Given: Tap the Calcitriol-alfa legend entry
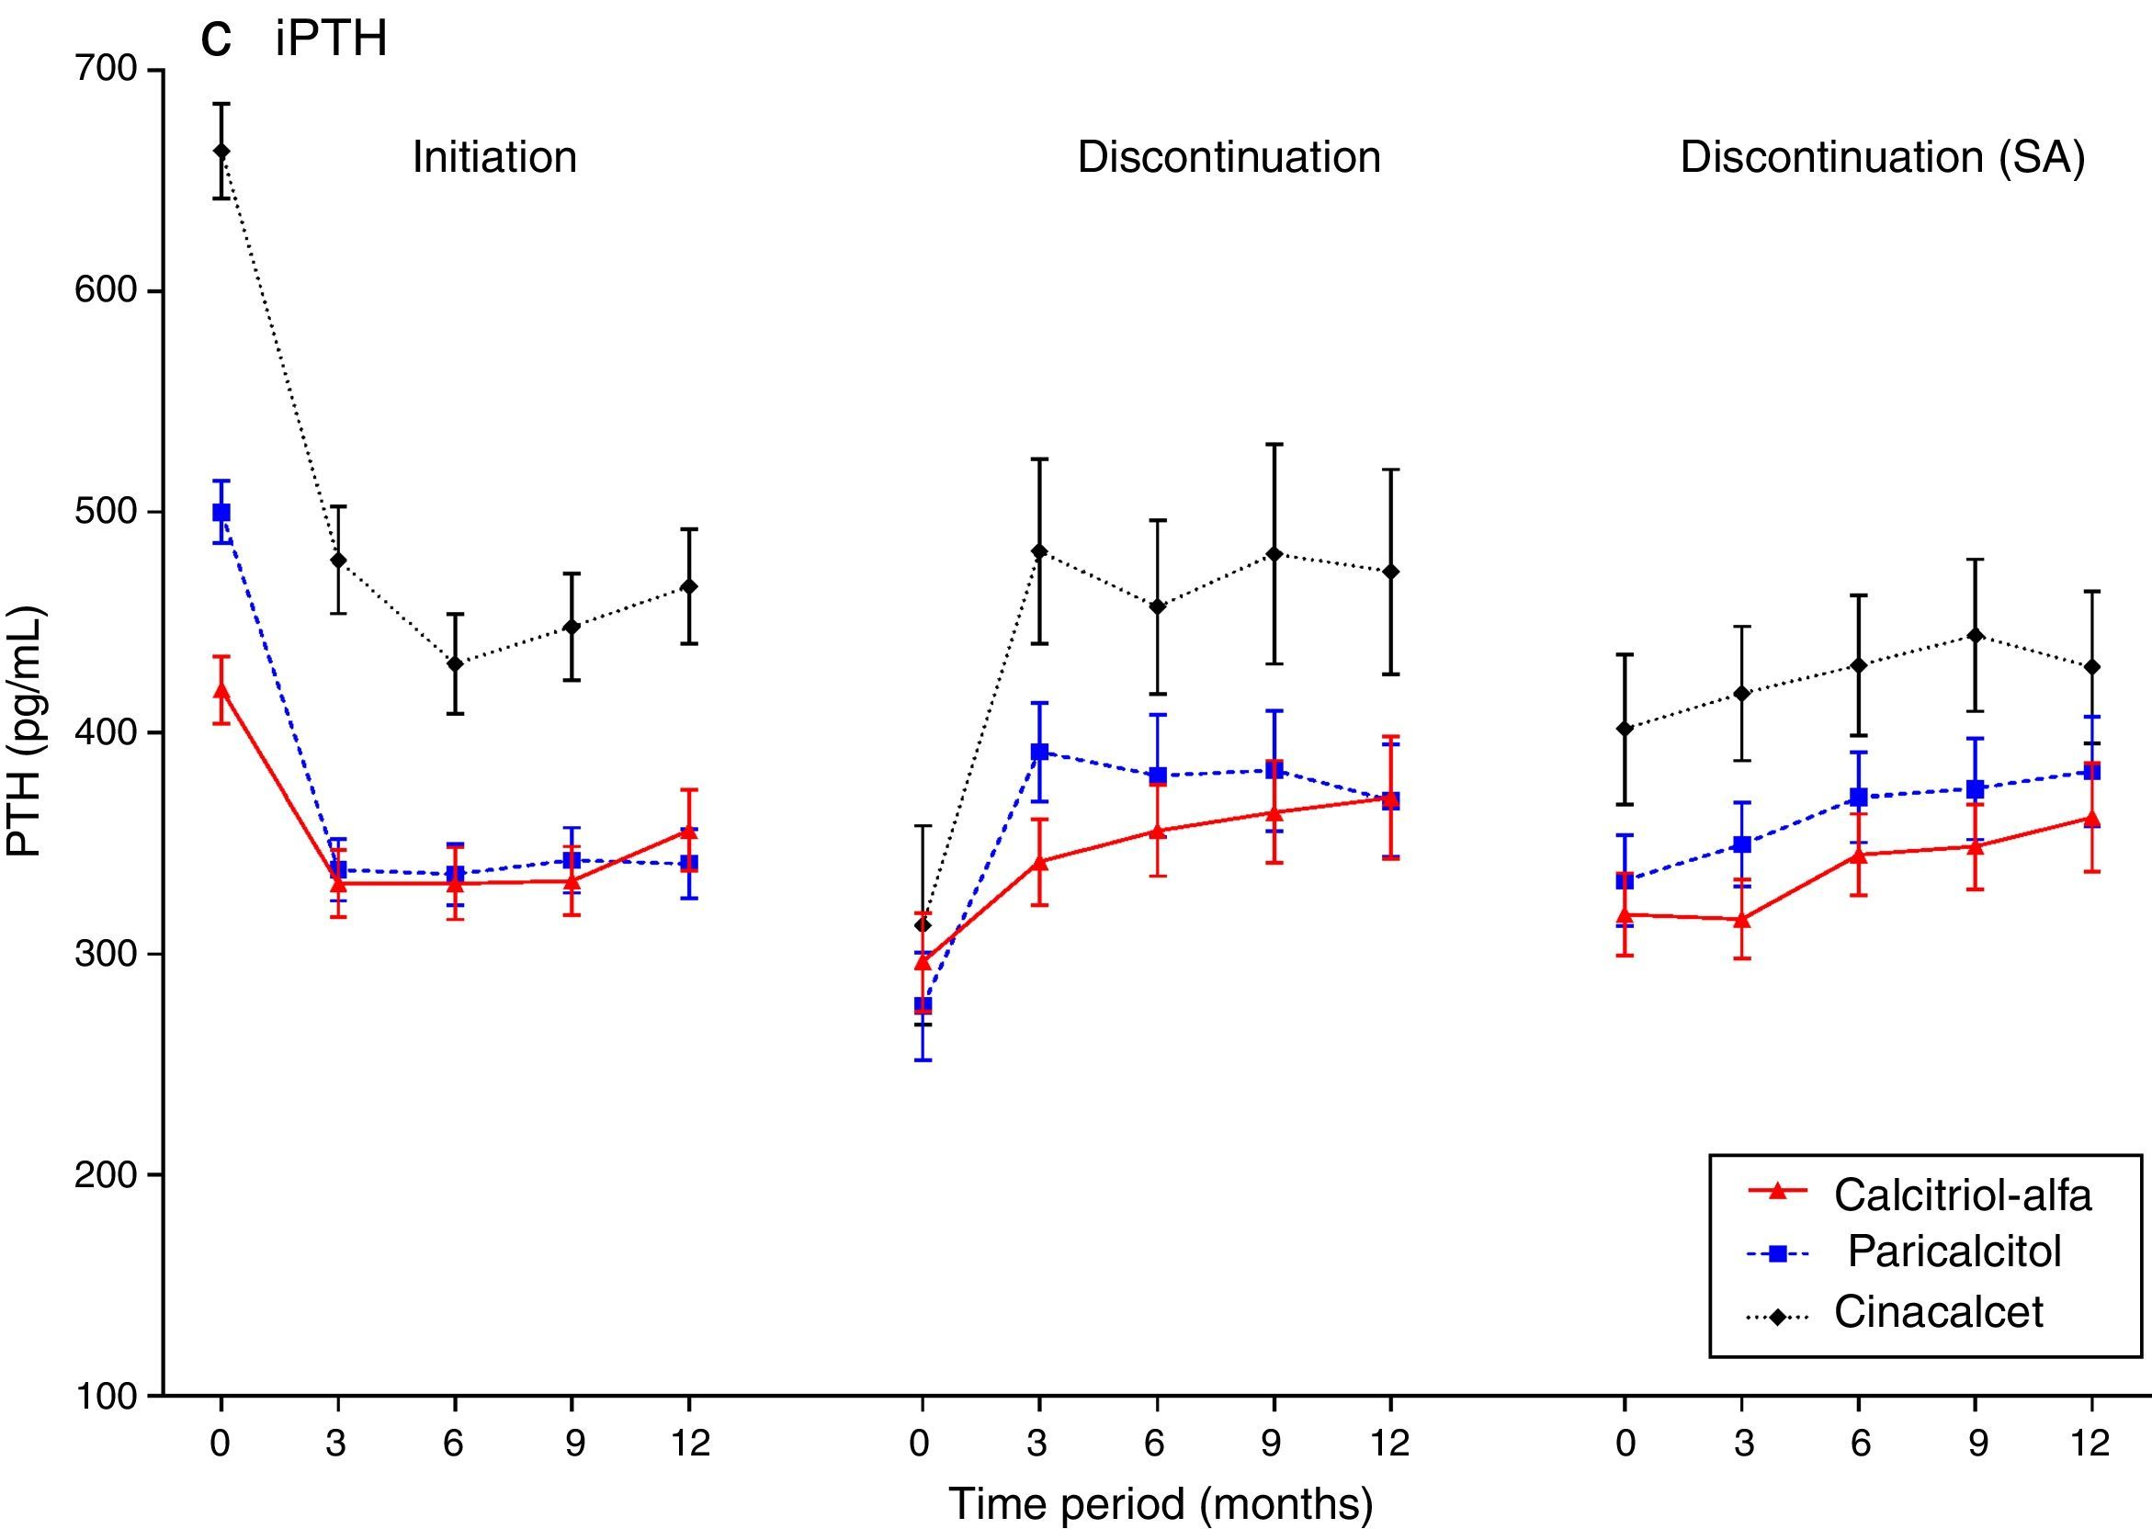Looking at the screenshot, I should coord(1962,1195).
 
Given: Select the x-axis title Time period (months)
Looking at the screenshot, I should coord(1161,1503).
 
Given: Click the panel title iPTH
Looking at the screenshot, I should coord(331,40).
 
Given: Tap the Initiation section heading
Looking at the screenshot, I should coord(494,157).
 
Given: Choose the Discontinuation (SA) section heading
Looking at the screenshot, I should coord(1883,157).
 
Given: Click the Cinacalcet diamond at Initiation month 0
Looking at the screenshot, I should coord(221,151).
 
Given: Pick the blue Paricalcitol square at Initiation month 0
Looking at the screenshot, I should coord(221,512).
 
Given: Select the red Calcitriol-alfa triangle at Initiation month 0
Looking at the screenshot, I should coord(221,689).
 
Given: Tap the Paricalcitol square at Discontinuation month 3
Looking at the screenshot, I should coord(1039,752).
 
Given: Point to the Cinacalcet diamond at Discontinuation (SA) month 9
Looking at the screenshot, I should coord(1976,637).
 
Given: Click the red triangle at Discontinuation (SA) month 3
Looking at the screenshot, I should coord(1742,919).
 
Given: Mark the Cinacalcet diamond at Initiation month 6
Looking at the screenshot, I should coord(455,663).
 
